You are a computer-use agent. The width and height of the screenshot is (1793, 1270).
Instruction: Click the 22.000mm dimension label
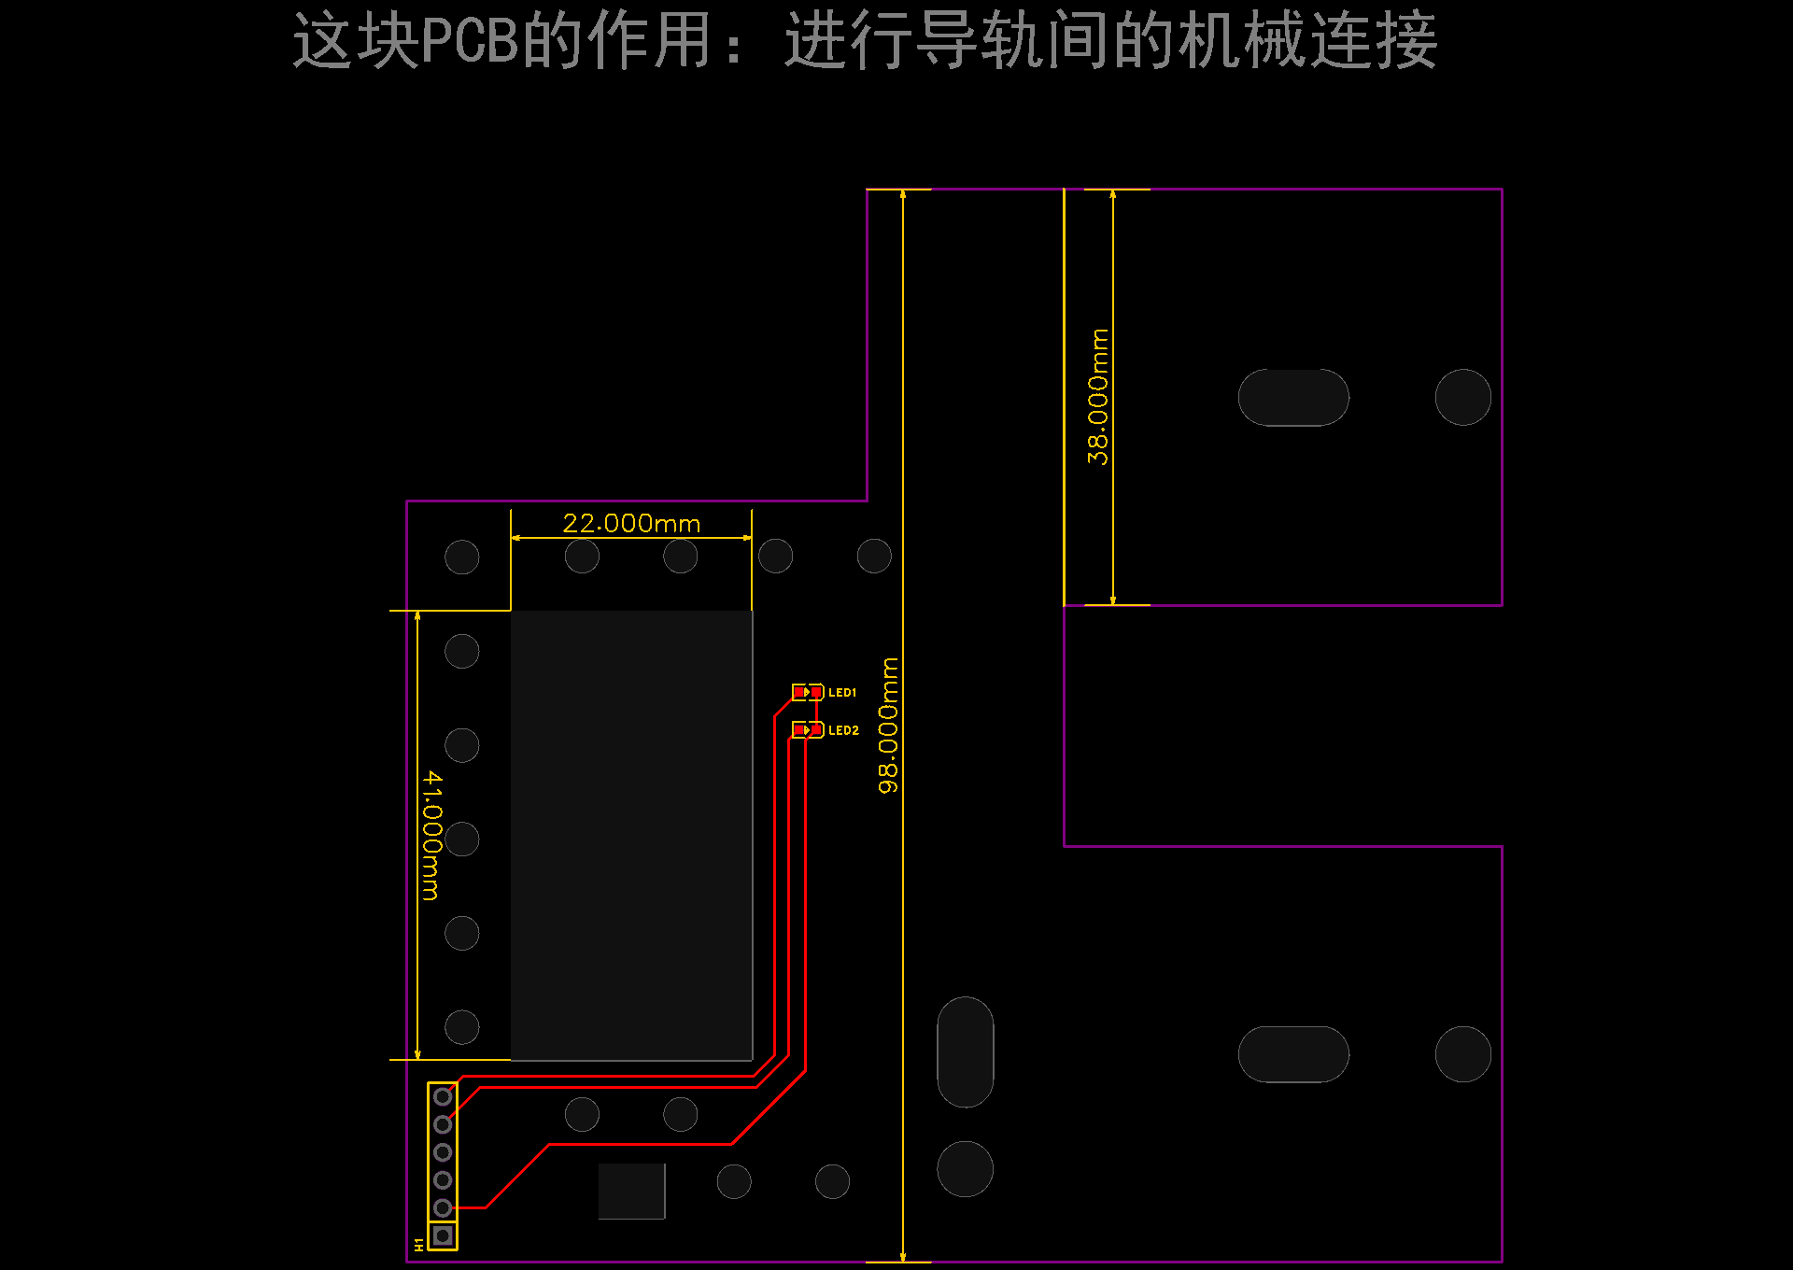click(x=631, y=523)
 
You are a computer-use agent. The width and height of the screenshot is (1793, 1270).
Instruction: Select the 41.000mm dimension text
click(x=431, y=835)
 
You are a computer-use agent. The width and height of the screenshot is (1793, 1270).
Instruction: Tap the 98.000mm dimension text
click(x=888, y=726)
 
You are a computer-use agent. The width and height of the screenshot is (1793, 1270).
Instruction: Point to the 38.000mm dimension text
click(x=1098, y=396)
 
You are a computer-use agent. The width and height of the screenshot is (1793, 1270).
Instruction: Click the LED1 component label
click(x=842, y=693)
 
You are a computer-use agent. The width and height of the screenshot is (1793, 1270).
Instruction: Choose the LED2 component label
click(x=843, y=730)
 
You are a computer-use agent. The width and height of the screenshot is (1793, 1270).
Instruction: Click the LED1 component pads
click(x=808, y=692)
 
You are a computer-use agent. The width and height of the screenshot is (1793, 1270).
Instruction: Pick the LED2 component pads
click(x=808, y=729)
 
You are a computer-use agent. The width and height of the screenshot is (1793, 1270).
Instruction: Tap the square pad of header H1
click(x=443, y=1235)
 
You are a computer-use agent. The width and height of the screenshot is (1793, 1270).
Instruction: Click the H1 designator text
click(x=418, y=1245)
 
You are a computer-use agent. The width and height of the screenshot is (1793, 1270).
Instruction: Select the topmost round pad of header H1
click(x=443, y=1096)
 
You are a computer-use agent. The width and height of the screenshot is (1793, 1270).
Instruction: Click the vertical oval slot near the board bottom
click(x=965, y=1051)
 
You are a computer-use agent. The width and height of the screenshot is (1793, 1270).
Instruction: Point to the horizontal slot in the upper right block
click(x=1293, y=397)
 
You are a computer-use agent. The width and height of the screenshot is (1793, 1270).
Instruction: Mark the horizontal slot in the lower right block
click(x=1293, y=1054)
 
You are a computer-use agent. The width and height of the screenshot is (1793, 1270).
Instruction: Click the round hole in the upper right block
click(x=1463, y=397)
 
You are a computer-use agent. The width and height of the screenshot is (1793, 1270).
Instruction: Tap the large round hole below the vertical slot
click(x=965, y=1168)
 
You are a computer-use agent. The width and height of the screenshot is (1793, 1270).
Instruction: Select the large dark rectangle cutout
click(x=631, y=836)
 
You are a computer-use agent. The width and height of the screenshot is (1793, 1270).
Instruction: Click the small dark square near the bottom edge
click(x=631, y=1191)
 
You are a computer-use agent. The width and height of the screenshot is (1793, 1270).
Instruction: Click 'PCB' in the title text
click(x=470, y=41)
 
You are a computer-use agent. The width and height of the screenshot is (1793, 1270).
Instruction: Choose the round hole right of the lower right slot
click(x=1463, y=1054)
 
